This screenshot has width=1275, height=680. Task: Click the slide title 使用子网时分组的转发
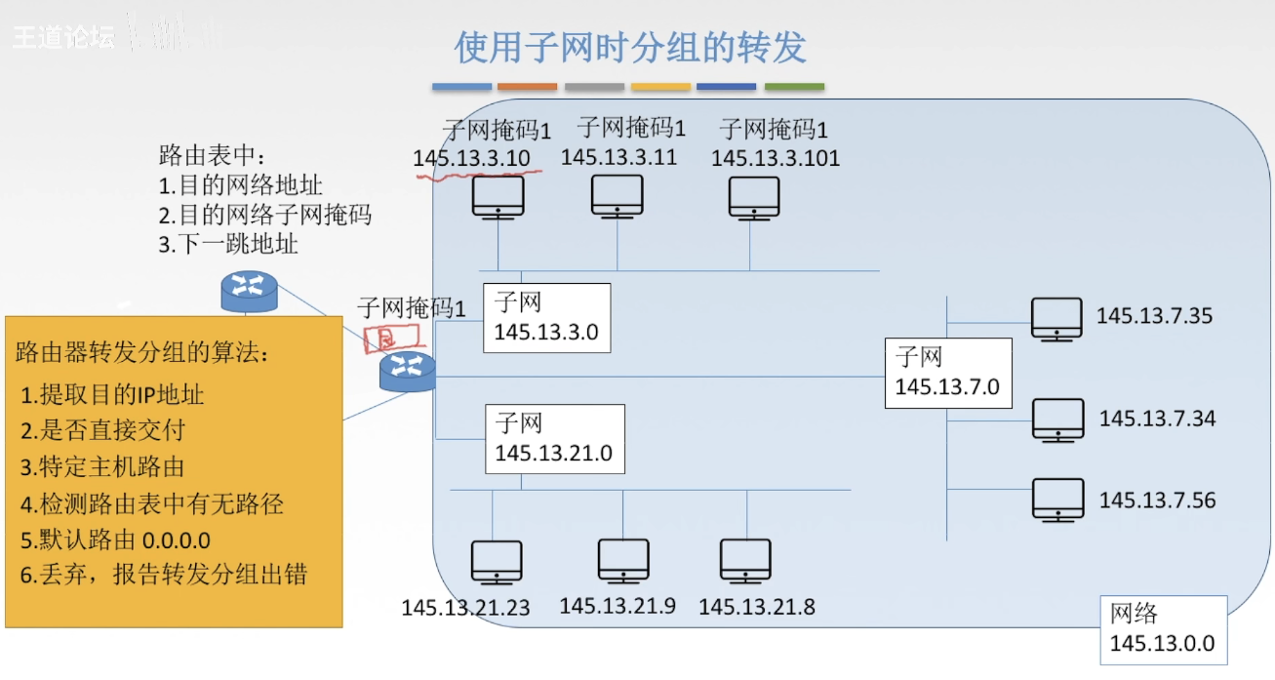[630, 47]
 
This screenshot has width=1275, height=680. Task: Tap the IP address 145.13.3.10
[471, 158]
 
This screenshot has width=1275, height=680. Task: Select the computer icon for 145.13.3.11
[618, 195]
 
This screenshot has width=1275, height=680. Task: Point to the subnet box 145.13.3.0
[546, 318]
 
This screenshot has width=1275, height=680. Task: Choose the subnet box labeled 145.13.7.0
[947, 372]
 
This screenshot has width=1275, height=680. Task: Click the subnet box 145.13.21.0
[553, 439]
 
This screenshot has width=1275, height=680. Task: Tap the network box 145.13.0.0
[1162, 629]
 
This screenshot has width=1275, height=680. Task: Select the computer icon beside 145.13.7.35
[1056, 318]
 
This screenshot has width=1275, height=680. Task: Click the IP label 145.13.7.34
[1157, 419]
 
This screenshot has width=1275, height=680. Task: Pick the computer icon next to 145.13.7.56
[1058, 499]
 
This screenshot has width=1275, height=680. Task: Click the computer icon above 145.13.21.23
[498, 561]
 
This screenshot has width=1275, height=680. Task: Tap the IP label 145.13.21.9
[618, 606]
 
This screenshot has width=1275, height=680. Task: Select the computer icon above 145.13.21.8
[746, 561]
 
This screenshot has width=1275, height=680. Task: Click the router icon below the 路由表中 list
[250, 287]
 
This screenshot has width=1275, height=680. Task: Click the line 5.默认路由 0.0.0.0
[115, 540]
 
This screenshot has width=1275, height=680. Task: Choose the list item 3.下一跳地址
[228, 244]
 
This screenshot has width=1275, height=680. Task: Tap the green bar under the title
[794, 87]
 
